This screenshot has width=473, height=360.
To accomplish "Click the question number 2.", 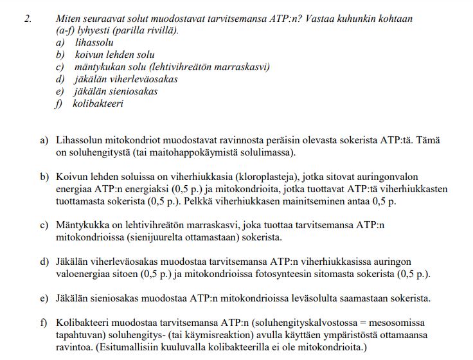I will (x=28, y=19).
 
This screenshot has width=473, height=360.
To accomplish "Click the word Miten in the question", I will (x=68, y=19).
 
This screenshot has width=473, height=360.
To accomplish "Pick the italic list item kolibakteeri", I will (x=98, y=104).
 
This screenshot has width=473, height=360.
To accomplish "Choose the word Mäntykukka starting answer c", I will (x=82, y=226).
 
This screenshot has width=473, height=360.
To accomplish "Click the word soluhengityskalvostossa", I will (x=292, y=323).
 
